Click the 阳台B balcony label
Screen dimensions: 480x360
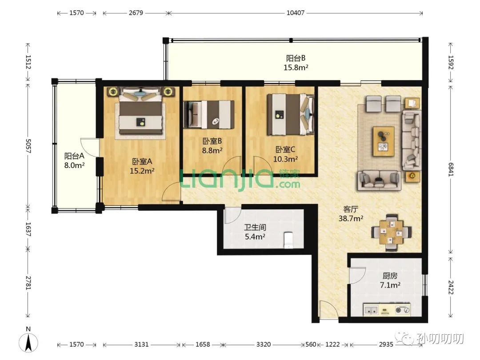[x=296, y=58]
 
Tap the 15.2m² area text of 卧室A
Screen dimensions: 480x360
[x=142, y=171]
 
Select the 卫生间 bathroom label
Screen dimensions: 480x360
[x=255, y=227]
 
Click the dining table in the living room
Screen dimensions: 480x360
[x=392, y=232]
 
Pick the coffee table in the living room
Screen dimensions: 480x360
[x=383, y=141]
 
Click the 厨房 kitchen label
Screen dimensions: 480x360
[x=390, y=276]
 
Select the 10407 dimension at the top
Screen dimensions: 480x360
[x=296, y=13]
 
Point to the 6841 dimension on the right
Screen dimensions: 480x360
[x=451, y=169]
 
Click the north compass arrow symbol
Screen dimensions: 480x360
[x=28, y=342]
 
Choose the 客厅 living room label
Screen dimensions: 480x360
[x=351, y=209]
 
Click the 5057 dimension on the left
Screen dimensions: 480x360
[x=28, y=146]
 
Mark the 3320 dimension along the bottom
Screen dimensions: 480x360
[x=263, y=344]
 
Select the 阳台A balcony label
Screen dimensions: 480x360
[x=74, y=156]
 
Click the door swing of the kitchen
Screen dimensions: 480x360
[x=357, y=276]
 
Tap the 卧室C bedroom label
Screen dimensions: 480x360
[x=285, y=149]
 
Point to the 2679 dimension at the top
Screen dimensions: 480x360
[x=136, y=13]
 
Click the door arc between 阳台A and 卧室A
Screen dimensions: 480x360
[x=89, y=147]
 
